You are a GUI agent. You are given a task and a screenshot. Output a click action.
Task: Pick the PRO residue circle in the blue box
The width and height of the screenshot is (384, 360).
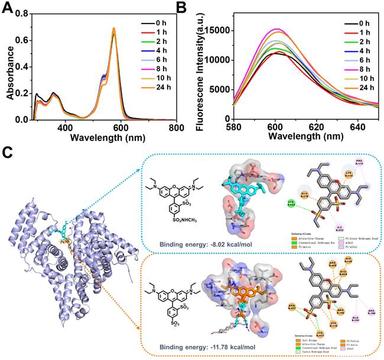pos(359,162)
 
